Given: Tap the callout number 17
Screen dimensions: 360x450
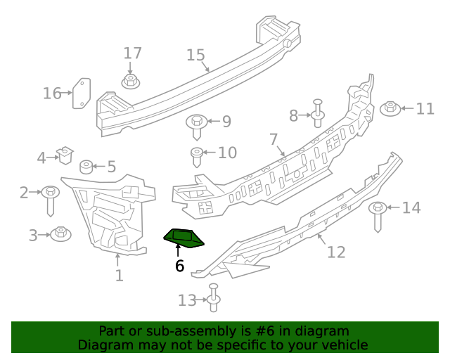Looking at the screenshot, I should (132, 53).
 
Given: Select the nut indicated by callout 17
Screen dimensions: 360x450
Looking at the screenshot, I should (130, 82).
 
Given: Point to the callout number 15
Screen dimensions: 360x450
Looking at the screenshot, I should (195, 56).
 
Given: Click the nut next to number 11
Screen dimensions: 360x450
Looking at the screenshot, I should (390, 109).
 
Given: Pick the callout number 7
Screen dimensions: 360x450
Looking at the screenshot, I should (274, 140).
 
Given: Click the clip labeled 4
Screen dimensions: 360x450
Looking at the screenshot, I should (65, 153).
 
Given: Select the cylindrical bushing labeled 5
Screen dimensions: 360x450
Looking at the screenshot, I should (86, 167).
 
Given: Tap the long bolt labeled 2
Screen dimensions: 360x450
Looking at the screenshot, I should (51, 198).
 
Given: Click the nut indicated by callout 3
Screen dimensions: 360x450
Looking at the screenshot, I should (60, 233).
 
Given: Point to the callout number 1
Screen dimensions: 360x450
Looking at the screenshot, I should (119, 276).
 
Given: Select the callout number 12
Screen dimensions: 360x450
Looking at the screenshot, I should (336, 252).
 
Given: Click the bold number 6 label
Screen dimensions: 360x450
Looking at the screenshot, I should (179, 266).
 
